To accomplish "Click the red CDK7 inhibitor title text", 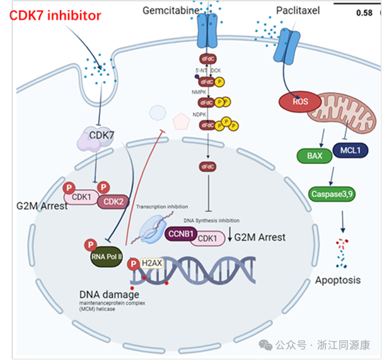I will pyautogui.click(x=55, y=16).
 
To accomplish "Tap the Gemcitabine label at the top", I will pyautogui.click(x=171, y=11).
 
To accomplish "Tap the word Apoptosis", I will pyautogui.click(x=337, y=279).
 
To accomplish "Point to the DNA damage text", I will pyautogui.click(x=109, y=294).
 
